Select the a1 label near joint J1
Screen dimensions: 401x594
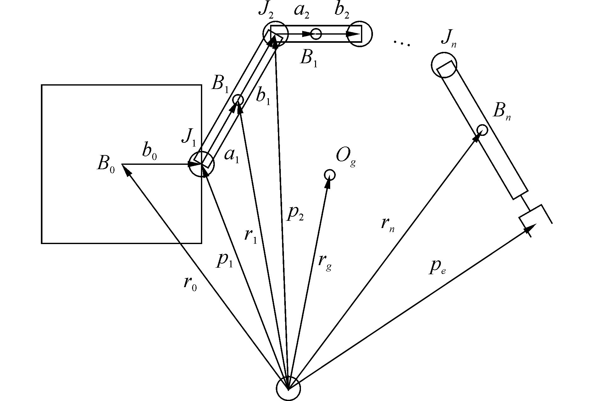pos(232,156)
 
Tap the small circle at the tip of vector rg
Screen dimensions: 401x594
pos(329,175)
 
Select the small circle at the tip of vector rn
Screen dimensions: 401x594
pos(482,130)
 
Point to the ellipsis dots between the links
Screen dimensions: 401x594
pos(402,44)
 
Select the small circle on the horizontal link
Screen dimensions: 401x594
pos(316,34)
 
